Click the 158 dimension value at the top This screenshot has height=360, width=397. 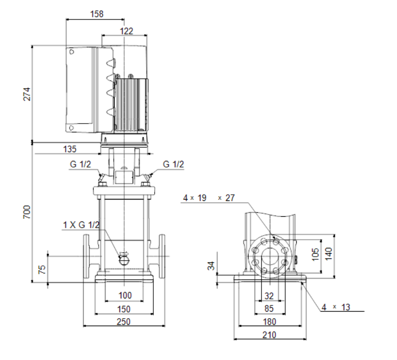click(x=97, y=14)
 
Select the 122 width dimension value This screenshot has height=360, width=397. click(x=126, y=31)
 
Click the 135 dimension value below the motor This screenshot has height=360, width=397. click(x=69, y=149)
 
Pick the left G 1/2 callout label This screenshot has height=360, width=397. click(x=80, y=164)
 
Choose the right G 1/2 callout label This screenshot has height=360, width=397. click(x=173, y=164)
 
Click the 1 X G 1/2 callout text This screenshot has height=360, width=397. click(x=81, y=225)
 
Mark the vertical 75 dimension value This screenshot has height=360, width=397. click(x=42, y=269)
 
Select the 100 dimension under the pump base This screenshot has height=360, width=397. click(x=125, y=295)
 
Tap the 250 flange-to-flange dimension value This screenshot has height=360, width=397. click(x=124, y=322)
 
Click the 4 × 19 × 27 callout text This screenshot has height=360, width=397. click(x=209, y=198)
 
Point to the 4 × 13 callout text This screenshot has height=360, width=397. click(x=336, y=307)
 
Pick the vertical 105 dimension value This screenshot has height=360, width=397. click(x=315, y=254)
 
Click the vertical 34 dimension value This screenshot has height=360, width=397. click(x=211, y=266)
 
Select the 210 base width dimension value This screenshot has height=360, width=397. click(x=269, y=335)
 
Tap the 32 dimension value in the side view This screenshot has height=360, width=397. click(x=269, y=296)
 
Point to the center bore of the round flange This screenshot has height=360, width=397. click(x=270, y=256)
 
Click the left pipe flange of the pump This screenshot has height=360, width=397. click(x=86, y=256)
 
